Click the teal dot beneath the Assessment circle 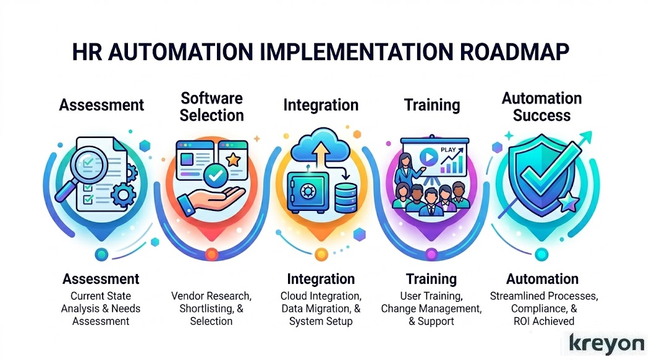[101, 253]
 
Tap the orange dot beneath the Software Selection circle [211, 254]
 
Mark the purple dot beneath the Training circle [431, 254]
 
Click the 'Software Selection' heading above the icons [211, 106]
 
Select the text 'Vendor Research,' [211, 296]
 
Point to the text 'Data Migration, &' [321, 308]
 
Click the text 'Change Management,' [431, 308]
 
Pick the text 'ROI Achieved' [542, 320]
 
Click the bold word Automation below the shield [542, 279]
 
